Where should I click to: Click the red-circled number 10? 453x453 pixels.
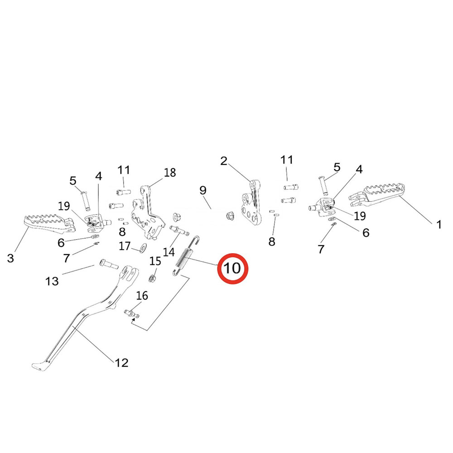[x=232, y=268]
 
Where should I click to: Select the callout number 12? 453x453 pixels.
[x=122, y=362]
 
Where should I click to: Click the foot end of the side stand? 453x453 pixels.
[x=39, y=365]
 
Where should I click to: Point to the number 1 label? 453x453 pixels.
[x=439, y=224]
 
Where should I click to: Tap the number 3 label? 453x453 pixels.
[x=11, y=258]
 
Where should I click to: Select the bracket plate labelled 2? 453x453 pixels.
[x=251, y=204]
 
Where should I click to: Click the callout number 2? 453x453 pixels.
[x=223, y=161]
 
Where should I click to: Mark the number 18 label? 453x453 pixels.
[x=170, y=173]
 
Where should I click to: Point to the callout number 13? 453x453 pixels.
[x=53, y=281]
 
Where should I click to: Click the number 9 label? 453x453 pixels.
[x=202, y=190]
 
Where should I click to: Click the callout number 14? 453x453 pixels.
[x=169, y=251]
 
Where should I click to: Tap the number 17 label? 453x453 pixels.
[x=125, y=246]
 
